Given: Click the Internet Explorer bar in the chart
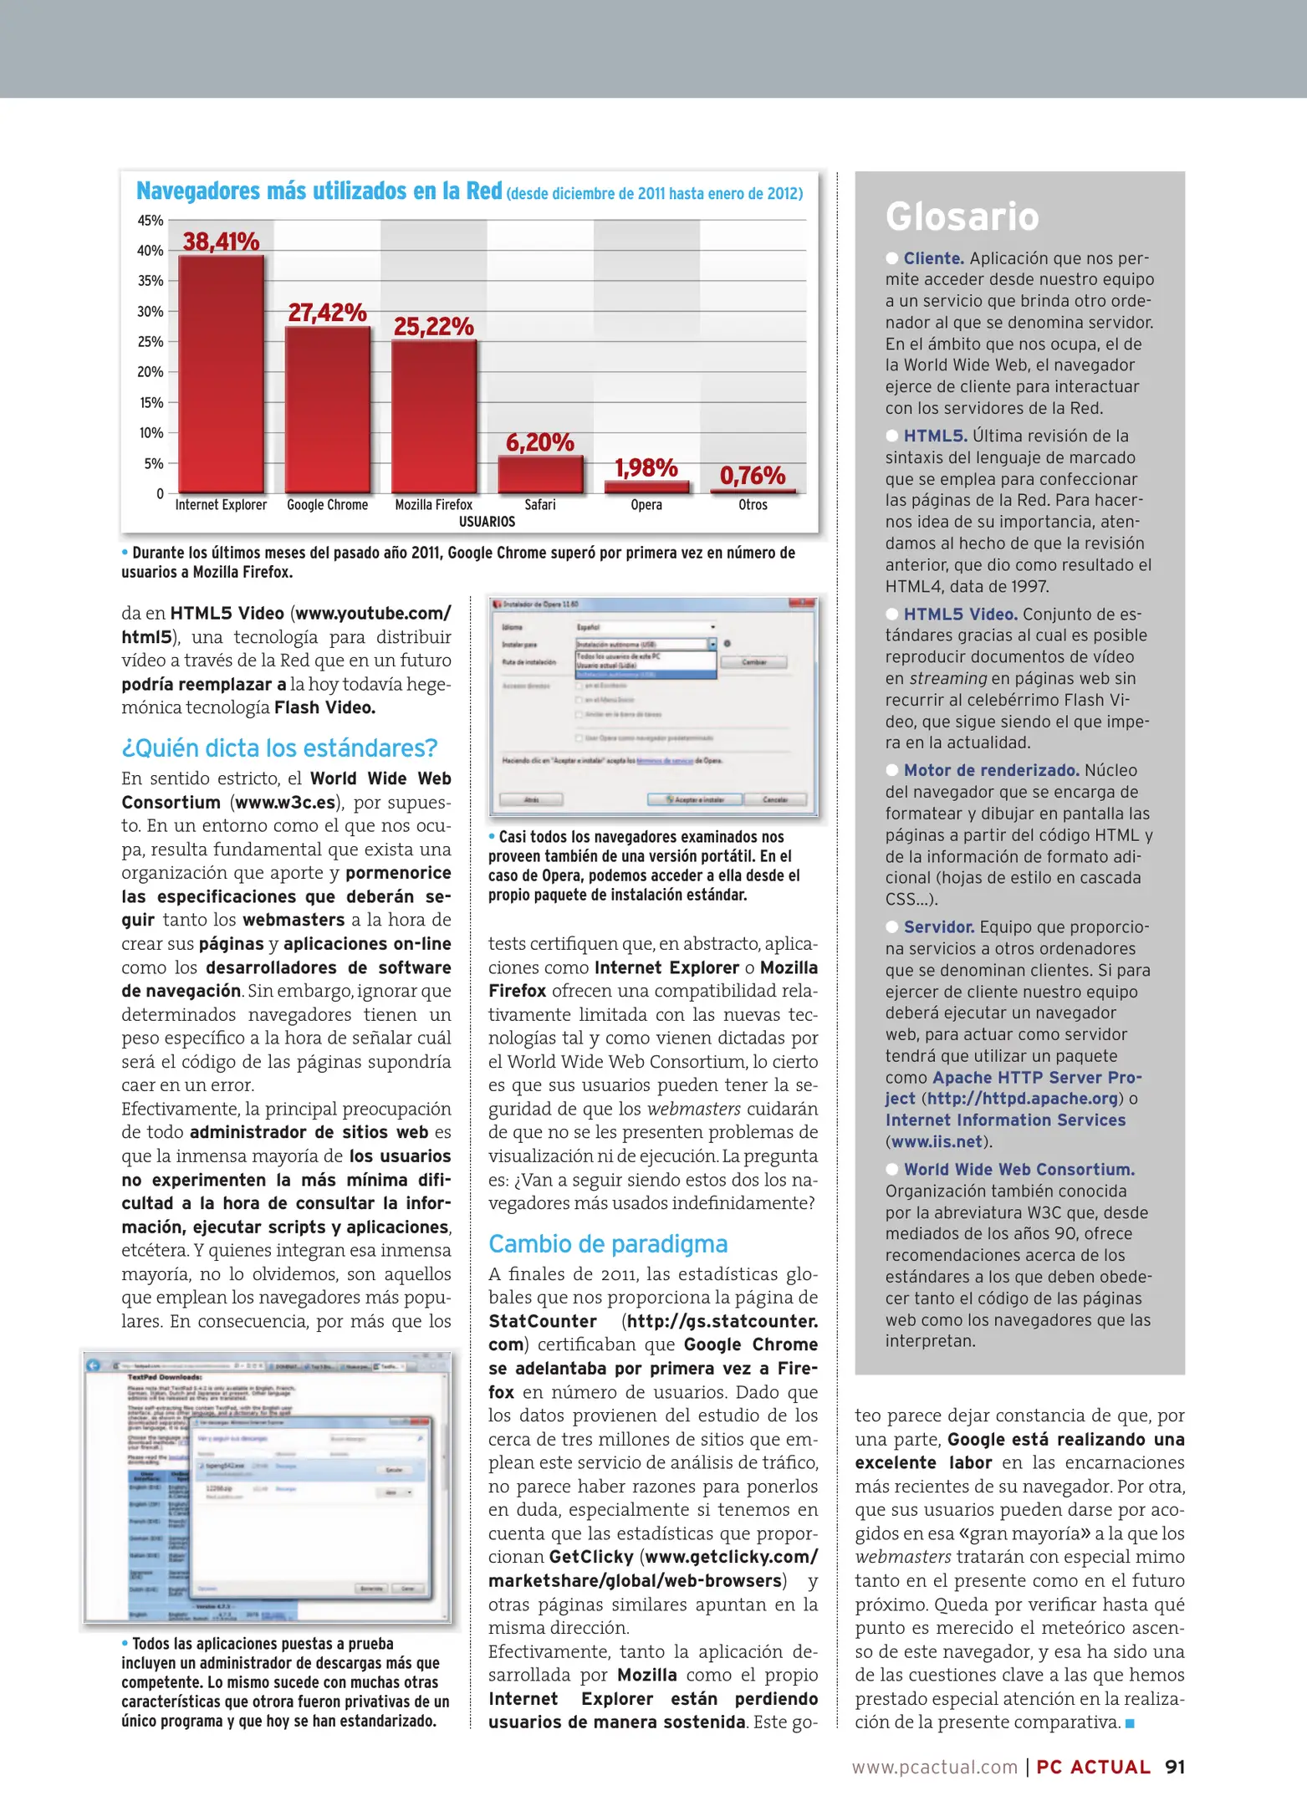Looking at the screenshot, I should [221, 374].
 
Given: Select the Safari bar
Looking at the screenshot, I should [540, 474].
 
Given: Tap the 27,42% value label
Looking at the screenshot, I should [327, 313].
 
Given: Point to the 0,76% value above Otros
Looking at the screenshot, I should [753, 476].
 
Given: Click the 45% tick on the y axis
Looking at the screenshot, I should [151, 221].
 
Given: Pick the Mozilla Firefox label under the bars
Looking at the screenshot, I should [433, 505].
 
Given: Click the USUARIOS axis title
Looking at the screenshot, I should [487, 522].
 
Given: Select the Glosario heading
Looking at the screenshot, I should [962, 217].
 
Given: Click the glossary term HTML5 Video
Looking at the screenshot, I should [960, 615].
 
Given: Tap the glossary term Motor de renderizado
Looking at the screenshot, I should [991, 771].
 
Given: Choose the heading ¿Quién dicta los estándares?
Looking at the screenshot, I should [280, 748].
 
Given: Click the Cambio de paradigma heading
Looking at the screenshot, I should [608, 1244].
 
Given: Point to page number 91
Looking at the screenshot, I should [1175, 1767].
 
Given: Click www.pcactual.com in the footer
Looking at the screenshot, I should [934, 1767].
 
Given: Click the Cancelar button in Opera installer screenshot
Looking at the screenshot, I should [775, 799].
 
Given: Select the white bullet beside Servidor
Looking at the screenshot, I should [892, 927].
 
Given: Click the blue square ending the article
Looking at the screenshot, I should [1131, 1723].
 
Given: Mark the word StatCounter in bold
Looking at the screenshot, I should [543, 1321].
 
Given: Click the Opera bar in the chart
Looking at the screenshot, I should [646, 487].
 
